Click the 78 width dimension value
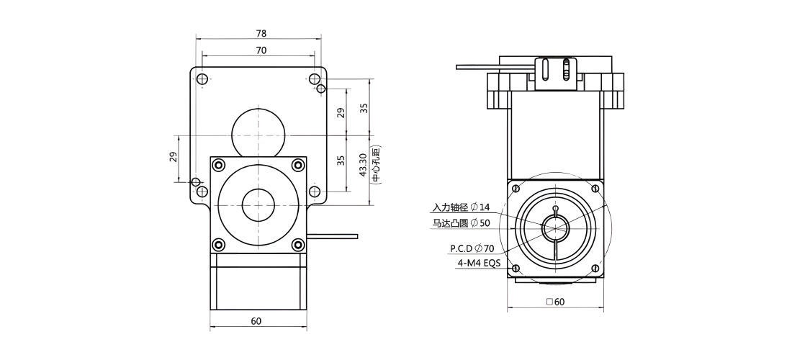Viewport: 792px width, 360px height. coord(261,34)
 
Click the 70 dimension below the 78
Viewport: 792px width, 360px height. coord(261,50)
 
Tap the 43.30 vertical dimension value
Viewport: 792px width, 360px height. coord(363,165)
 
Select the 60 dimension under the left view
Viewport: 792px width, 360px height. coord(256,321)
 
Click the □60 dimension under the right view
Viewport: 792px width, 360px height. coord(556,302)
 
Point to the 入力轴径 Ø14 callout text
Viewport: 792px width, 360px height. coord(461,207)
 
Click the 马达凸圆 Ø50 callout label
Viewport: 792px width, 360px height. coord(461,222)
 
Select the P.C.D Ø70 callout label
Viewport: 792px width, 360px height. coord(472,248)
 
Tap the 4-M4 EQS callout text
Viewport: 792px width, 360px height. coord(476,263)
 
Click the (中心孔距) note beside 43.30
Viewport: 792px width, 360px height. coord(376,165)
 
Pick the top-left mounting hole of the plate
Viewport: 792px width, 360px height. coord(202,79)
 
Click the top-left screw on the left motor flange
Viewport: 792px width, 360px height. coord(219,165)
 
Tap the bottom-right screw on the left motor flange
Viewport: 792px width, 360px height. coord(299,245)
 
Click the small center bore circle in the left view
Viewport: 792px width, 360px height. coord(258,205)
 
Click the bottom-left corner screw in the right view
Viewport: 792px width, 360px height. coord(516,269)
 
